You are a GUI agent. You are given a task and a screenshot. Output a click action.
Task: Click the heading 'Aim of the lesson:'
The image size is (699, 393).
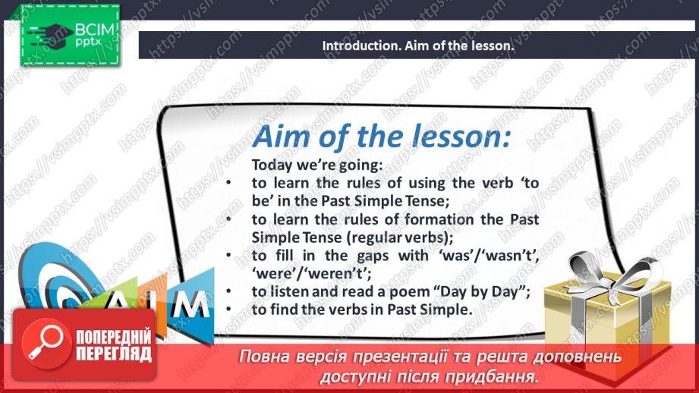click(x=381, y=137)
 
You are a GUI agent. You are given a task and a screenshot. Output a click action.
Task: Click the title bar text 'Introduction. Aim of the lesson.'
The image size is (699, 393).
click(x=418, y=46)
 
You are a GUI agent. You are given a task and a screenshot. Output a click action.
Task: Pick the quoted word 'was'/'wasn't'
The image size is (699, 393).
click(x=486, y=256)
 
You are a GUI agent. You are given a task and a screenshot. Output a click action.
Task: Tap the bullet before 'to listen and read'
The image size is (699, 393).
click(x=228, y=291)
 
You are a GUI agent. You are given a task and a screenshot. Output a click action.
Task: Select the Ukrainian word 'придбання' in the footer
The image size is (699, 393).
click(x=493, y=376)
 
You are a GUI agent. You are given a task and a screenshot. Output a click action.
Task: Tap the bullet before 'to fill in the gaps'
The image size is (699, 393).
click(x=228, y=256)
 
